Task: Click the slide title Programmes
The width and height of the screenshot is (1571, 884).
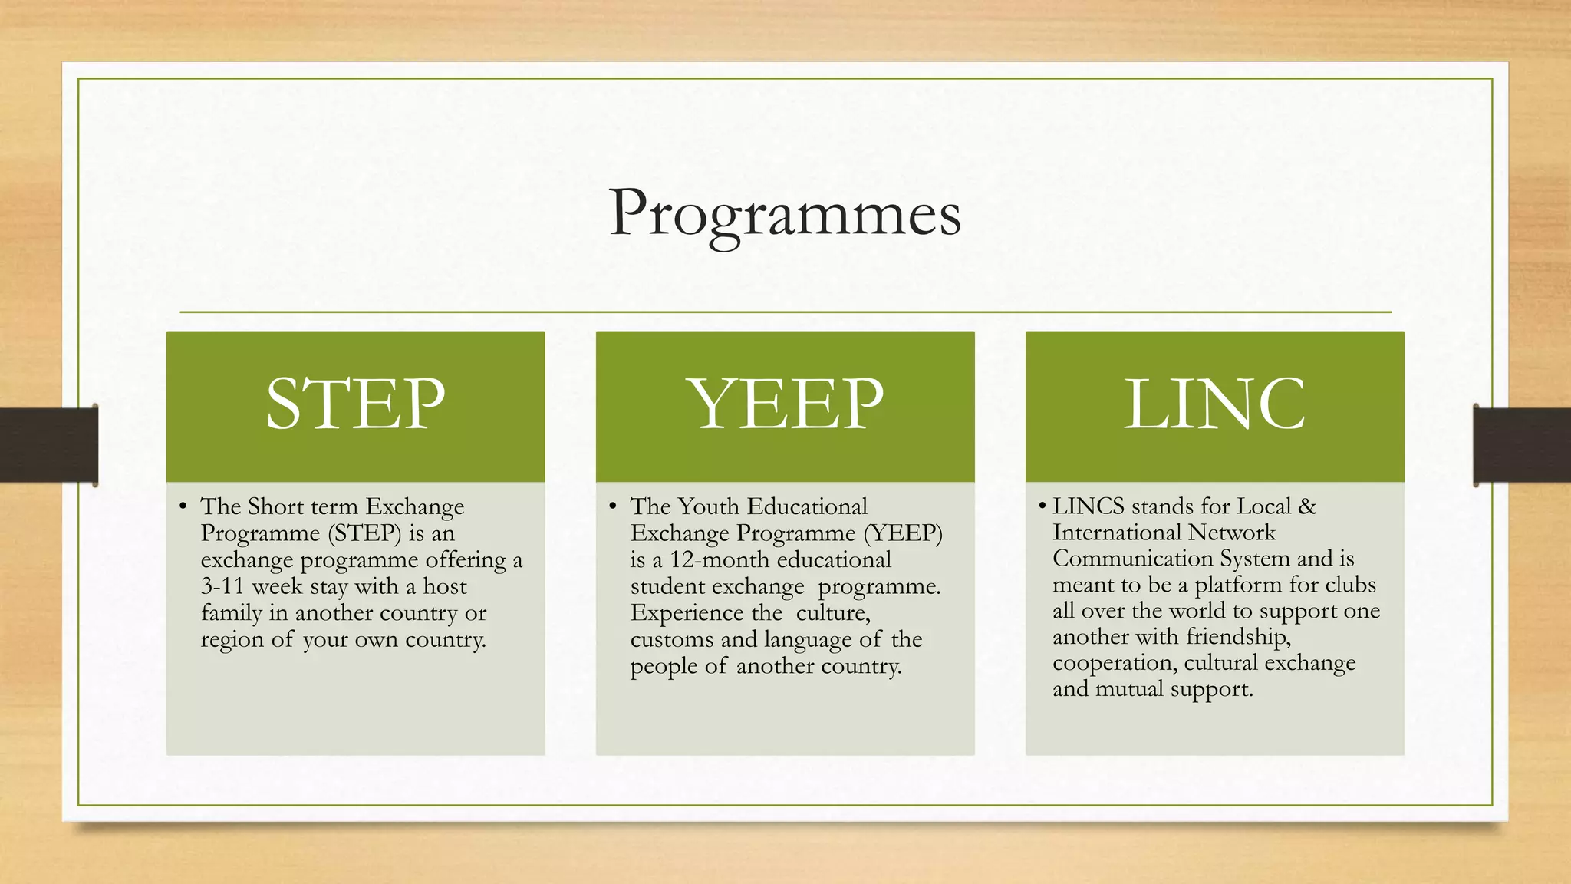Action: coord(784,213)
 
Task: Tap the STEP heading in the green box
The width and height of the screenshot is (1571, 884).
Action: coord(355,404)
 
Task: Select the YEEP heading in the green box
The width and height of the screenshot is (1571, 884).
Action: coord(785,404)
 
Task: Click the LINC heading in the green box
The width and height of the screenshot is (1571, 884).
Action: coord(1214,404)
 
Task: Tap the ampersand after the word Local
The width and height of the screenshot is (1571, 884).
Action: coord(1307,506)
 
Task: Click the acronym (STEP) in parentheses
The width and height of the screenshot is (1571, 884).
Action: coord(364,533)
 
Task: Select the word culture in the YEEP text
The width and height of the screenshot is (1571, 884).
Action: coord(833,613)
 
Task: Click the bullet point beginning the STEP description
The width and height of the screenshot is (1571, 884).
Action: coord(183,506)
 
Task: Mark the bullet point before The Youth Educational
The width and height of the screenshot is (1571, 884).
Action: coord(612,506)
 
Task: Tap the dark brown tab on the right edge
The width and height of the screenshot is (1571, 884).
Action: coord(1522,445)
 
